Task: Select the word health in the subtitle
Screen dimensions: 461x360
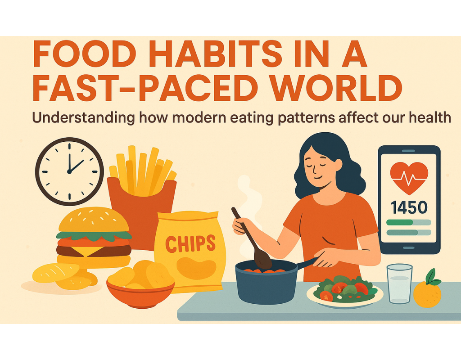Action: point(430,117)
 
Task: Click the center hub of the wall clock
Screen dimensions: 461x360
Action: point(69,171)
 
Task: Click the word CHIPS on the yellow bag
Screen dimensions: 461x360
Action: point(190,243)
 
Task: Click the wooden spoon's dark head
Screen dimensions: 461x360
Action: point(262,259)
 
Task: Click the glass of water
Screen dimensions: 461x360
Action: point(399,283)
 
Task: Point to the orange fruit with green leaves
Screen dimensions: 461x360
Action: point(427,289)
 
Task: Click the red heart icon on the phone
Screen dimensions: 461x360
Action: point(409,178)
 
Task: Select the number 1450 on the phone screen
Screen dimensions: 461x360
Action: point(409,207)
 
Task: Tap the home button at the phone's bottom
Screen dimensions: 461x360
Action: point(409,247)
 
